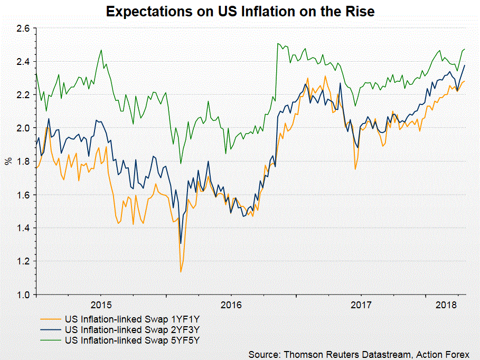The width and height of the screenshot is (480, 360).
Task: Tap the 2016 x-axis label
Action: (231, 305)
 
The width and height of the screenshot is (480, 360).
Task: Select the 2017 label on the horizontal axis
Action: (361, 305)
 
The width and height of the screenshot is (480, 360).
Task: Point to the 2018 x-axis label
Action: (447, 305)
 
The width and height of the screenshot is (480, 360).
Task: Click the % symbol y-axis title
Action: (8, 160)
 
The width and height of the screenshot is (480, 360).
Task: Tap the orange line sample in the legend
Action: (51, 319)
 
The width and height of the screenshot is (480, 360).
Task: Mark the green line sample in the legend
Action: (51, 340)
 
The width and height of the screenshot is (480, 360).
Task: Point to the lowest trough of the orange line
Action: (181, 272)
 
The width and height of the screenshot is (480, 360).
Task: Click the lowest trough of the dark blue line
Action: (181, 243)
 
